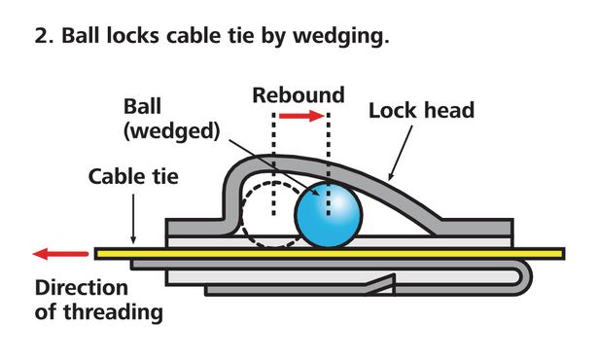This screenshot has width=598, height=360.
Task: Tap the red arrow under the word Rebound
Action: [300, 117]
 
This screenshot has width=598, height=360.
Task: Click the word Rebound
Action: [299, 95]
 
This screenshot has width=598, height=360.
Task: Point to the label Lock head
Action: [421, 110]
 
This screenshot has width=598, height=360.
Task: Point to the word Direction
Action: [81, 288]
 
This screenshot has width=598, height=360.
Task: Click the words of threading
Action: [98, 312]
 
